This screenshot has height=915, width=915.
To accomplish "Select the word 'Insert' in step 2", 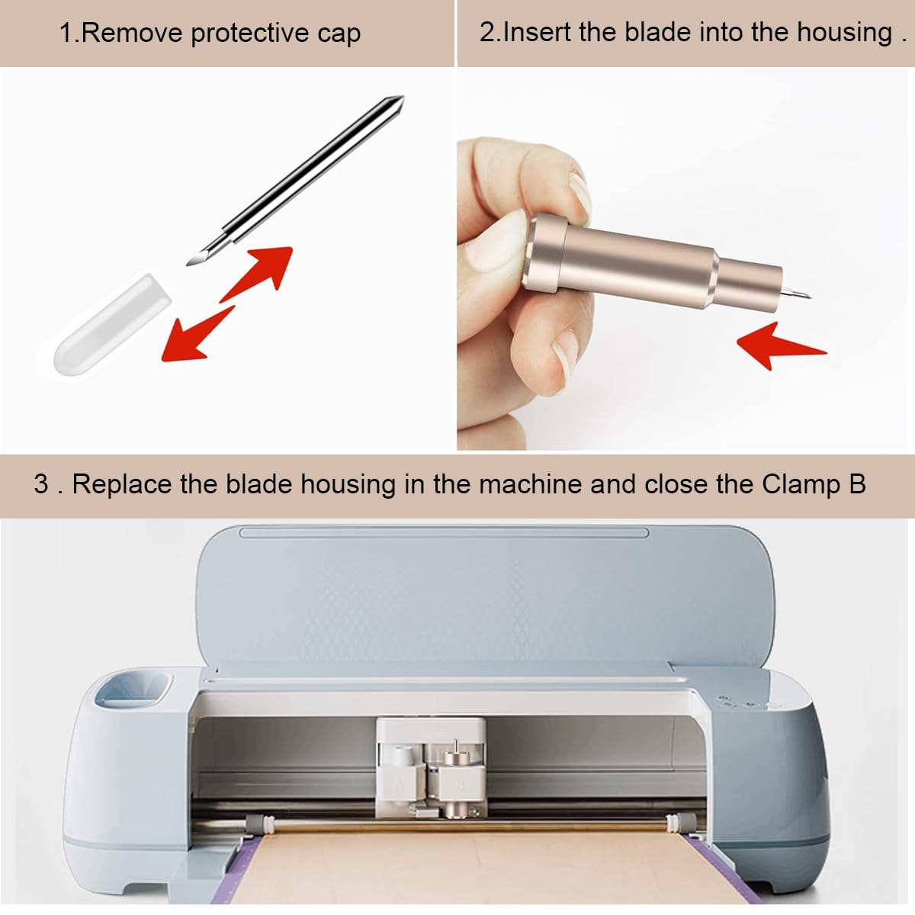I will pyautogui.click(x=538, y=32).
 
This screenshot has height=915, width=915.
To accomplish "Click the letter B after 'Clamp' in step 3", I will pyautogui.click(x=856, y=485).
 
